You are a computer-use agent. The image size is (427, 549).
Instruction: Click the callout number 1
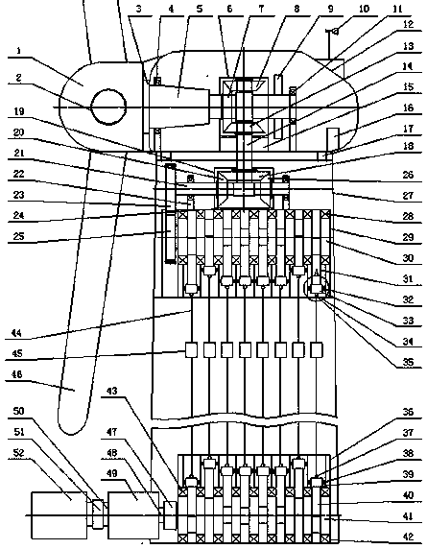click(x=19, y=51)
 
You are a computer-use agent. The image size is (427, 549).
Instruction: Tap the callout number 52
click(x=19, y=453)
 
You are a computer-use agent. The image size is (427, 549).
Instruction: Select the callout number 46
click(x=17, y=374)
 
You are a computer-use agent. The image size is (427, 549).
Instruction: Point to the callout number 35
click(x=408, y=361)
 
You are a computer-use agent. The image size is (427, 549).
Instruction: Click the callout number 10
click(x=364, y=8)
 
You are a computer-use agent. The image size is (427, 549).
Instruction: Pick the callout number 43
click(x=111, y=391)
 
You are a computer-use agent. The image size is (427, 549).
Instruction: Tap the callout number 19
click(x=19, y=111)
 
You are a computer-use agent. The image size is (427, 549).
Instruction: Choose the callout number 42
click(x=408, y=537)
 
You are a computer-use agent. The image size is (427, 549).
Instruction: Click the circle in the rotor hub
click(x=108, y=107)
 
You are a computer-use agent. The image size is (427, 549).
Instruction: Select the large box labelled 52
click(x=59, y=515)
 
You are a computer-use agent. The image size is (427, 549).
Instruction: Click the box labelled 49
click(x=133, y=515)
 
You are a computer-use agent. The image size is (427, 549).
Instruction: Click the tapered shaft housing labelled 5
click(x=179, y=107)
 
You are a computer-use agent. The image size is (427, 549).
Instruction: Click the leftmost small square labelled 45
click(x=192, y=350)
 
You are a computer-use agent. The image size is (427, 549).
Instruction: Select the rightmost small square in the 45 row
click(x=317, y=350)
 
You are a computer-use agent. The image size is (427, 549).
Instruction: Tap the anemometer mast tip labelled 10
click(x=336, y=32)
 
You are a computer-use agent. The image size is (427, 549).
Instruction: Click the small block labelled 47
click(x=171, y=514)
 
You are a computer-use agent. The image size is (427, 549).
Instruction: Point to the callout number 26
click(x=408, y=174)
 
